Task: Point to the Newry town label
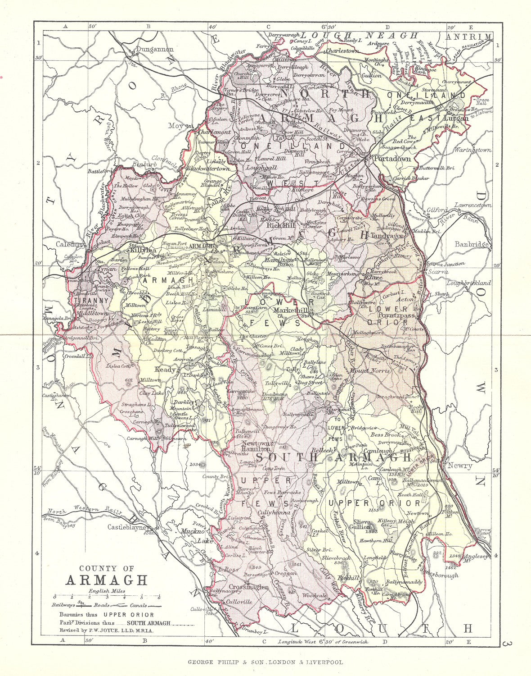click(459, 466)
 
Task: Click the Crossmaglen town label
click(248, 587)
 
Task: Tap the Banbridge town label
click(471, 244)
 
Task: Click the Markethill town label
click(293, 311)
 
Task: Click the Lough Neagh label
click(360, 35)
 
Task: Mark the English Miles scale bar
click(107, 596)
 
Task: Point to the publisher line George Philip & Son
click(265, 662)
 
